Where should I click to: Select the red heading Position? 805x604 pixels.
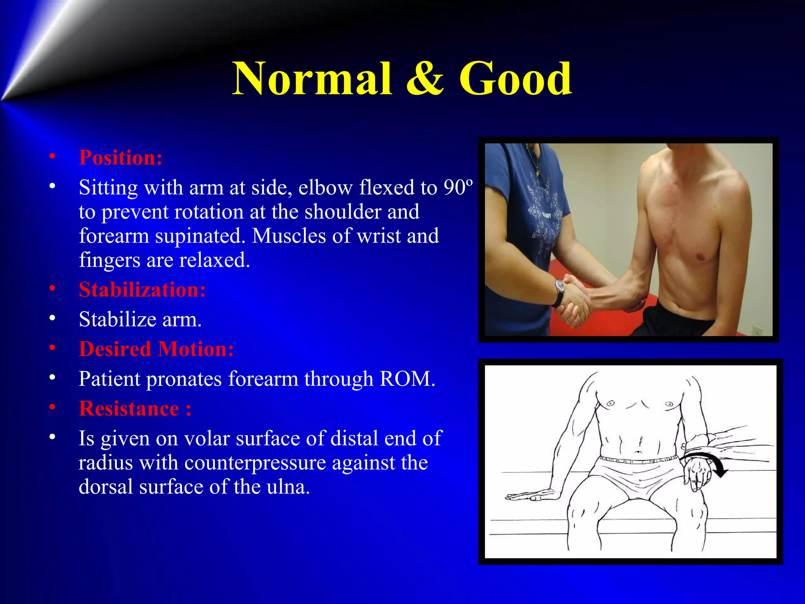tap(121, 158)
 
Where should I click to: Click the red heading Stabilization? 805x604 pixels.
tap(142, 290)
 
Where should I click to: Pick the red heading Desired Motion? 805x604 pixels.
tap(156, 349)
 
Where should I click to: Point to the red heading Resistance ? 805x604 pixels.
tap(135, 409)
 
